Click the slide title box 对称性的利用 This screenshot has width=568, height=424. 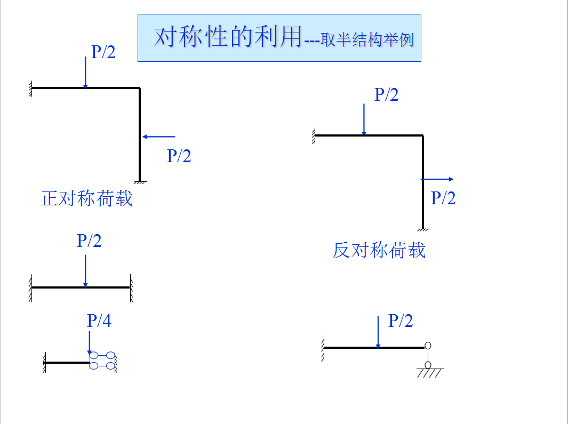pyautogui.click(x=279, y=38)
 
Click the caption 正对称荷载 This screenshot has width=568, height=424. pyautogui.click(x=86, y=198)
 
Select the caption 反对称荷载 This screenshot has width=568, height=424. pyautogui.click(x=379, y=250)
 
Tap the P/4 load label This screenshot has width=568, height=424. pyautogui.click(x=99, y=321)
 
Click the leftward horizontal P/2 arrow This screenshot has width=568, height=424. pyautogui.click(x=158, y=137)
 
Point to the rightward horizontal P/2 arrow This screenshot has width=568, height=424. pyautogui.click(x=437, y=179)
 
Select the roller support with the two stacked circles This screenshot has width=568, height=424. pyautogui.click(x=428, y=355)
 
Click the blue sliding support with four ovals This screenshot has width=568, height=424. pyautogui.click(x=102, y=360)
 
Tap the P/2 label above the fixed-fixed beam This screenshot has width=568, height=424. pyautogui.click(x=89, y=241)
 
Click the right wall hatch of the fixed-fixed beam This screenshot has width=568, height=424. pyautogui.click(x=131, y=287)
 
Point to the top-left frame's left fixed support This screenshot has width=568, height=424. pyautogui.click(x=31, y=88)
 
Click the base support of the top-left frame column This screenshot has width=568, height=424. pyautogui.click(x=140, y=183)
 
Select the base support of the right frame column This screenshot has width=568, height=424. pyautogui.click(x=423, y=230)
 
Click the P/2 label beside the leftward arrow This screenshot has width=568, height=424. pyautogui.click(x=179, y=156)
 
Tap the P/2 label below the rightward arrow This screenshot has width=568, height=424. pyautogui.click(x=443, y=198)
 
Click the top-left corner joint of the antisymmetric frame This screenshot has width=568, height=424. pyautogui.click(x=423, y=136)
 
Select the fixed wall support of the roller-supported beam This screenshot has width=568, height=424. pyautogui.click(x=323, y=348)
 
